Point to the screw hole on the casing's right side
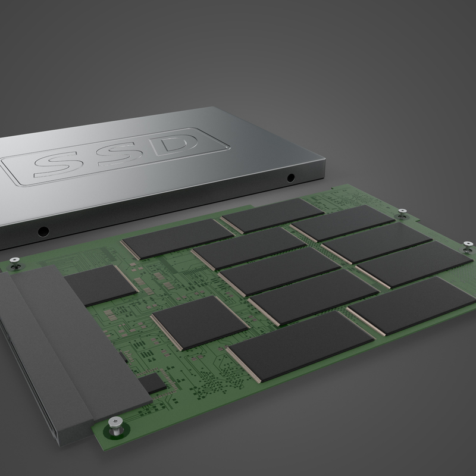tap(290, 177)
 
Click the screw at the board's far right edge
tap(467, 244)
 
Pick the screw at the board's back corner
tap(402, 211)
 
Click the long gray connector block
tap(59, 345)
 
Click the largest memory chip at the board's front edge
tap(292, 345)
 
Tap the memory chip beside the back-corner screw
tap(342, 223)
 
